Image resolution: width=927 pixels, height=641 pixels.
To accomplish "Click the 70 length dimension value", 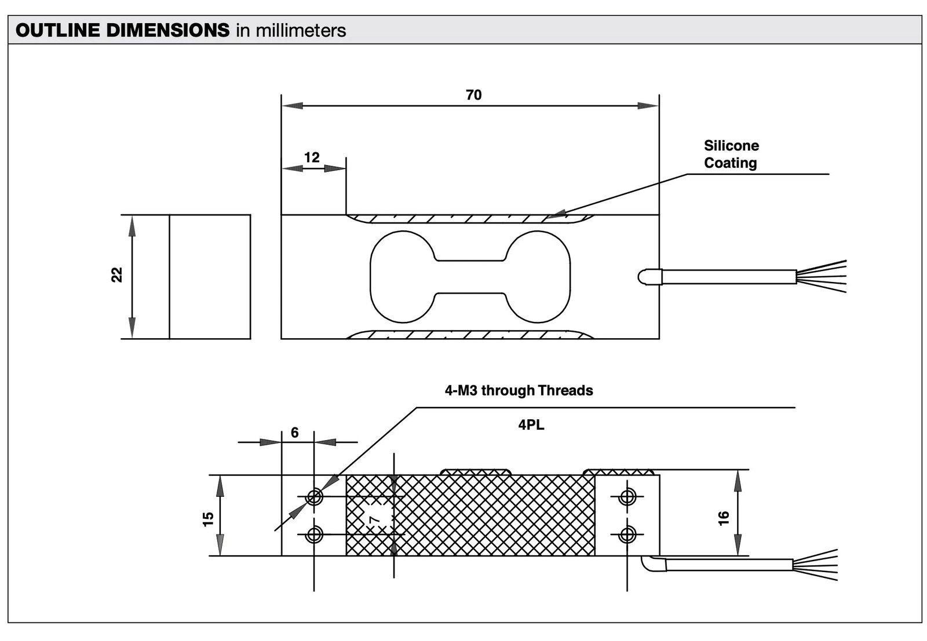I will (x=473, y=95).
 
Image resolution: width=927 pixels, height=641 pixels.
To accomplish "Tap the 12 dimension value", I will (x=312, y=157).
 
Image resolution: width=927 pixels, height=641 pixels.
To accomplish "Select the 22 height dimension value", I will (x=117, y=274).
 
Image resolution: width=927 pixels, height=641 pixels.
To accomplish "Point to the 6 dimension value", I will (x=295, y=433).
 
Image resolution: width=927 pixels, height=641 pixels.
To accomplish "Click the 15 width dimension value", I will (x=209, y=518).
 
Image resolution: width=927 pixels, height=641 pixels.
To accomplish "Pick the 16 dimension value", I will (x=724, y=518).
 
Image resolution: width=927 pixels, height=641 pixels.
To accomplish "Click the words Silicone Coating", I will (x=731, y=154).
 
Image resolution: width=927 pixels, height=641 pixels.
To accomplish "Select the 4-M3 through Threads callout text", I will (x=519, y=390).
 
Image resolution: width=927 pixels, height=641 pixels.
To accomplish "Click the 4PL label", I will (x=531, y=425).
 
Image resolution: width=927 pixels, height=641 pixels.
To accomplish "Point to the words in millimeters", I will (x=291, y=30).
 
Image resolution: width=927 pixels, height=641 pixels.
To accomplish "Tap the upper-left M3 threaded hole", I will (x=314, y=497).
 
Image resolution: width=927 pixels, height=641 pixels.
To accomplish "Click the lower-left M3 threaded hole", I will (x=314, y=534).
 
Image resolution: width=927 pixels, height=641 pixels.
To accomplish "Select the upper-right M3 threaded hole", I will (x=627, y=497).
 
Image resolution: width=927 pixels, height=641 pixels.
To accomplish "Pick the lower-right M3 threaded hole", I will (x=627, y=534).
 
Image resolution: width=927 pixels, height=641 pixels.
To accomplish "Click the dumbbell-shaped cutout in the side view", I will (x=470, y=277).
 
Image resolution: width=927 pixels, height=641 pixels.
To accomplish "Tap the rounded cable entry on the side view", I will (x=643, y=277).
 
